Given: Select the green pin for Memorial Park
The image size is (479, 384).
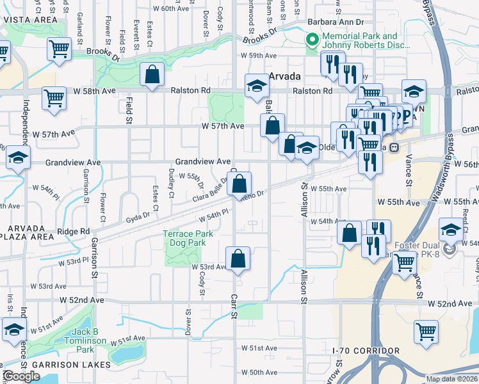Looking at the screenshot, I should pos(313,41).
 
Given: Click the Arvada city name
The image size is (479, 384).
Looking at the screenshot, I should pos(285,76).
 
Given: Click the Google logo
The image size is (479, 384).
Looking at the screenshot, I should pos(21,376).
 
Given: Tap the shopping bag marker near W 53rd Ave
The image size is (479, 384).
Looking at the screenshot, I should pos(238,259).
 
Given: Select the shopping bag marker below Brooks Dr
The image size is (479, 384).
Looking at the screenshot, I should pos(152,75).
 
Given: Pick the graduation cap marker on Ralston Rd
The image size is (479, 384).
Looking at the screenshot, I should pos(256,86).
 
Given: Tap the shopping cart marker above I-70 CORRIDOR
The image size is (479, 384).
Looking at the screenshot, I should pos(426,332).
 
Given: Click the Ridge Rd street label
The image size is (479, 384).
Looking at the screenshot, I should pos(74,231).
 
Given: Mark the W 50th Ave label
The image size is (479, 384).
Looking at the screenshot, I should pos(259,372).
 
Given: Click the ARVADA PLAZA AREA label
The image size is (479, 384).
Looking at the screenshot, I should pos(27,232).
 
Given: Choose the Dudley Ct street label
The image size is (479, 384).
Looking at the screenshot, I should pos(171,182).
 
